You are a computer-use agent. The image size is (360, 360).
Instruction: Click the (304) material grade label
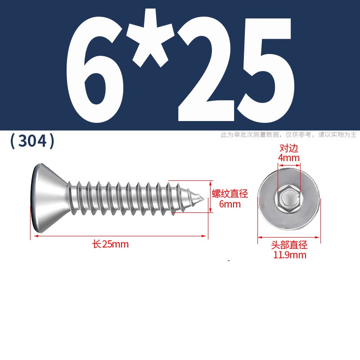point(32,141)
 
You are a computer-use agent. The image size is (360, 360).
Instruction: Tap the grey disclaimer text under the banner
point(288,135)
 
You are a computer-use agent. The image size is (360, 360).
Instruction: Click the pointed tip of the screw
point(204,198)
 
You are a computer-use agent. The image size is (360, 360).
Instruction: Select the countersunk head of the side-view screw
point(49,198)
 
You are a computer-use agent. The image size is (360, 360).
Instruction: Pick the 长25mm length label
point(110,244)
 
